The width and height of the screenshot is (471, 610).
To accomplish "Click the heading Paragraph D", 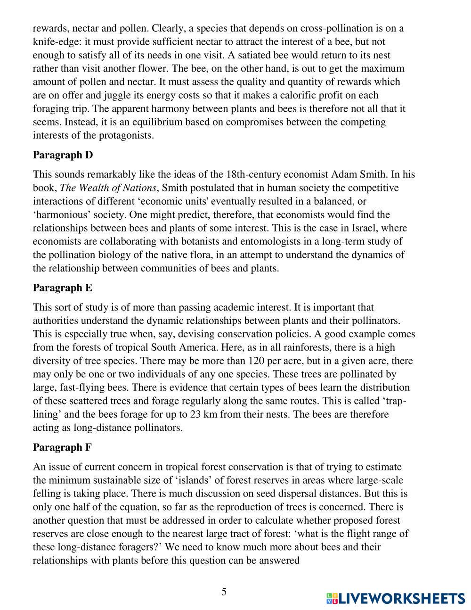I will point(63,155).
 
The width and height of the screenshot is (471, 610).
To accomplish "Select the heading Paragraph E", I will point(63,288).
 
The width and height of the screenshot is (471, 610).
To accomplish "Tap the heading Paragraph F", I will point(62,447).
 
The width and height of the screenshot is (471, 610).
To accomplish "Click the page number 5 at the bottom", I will point(224,592).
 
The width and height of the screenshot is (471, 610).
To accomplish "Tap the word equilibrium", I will point(142,122).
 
